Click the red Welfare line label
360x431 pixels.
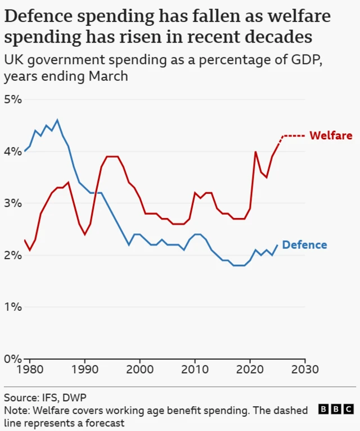(331, 135)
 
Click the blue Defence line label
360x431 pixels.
(304, 244)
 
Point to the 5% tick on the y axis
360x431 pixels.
(12, 100)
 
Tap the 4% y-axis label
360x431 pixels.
(12, 152)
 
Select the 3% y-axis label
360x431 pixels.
(12, 203)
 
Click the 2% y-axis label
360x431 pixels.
(12, 255)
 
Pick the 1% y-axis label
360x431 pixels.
(12, 307)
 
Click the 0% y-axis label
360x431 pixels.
(12, 359)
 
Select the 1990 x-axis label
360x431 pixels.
(84, 370)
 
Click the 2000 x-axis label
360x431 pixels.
(139, 370)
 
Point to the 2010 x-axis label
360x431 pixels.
(195, 370)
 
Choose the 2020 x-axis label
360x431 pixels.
(250, 370)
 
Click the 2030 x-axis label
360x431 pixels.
(305, 370)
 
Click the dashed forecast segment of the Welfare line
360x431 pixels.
(294, 135)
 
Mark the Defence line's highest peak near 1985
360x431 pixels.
(57, 120)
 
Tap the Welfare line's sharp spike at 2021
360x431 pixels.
(255, 152)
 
